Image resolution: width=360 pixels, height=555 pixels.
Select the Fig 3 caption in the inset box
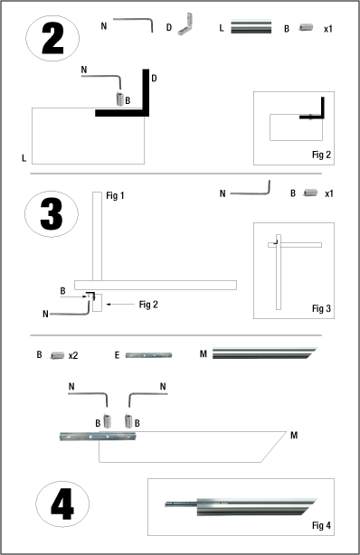[x=322, y=308]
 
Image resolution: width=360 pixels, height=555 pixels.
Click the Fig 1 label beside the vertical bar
[x=116, y=196]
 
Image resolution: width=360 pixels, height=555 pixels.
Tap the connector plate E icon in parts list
[x=147, y=356]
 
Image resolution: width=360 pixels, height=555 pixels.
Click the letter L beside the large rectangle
[x=24, y=158]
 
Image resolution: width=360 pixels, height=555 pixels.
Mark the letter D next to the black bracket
[x=155, y=80]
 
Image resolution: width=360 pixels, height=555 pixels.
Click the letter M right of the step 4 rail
[x=295, y=436]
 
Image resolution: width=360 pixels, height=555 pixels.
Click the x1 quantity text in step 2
[x=329, y=27]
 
